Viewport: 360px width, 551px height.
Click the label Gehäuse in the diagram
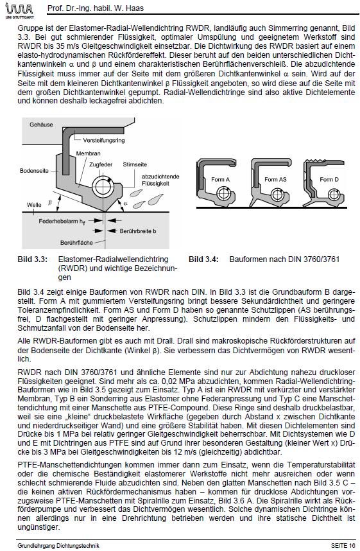[x=41, y=125]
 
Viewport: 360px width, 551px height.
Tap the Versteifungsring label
[x=103, y=141]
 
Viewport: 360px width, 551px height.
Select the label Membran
[x=88, y=153]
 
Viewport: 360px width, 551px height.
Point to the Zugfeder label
[x=101, y=164]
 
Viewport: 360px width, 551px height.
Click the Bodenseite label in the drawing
[x=34, y=171]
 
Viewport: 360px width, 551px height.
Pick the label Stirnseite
[x=135, y=164]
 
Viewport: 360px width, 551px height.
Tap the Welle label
[x=34, y=204]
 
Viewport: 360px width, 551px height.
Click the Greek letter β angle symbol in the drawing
[x=50, y=203]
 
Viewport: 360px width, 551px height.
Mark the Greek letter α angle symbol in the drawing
[x=125, y=203]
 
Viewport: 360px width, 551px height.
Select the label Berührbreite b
[x=137, y=231]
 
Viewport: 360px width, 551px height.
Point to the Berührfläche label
[x=76, y=243]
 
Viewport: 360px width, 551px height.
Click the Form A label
[x=220, y=180]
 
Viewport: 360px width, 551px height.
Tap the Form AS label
[x=275, y=180]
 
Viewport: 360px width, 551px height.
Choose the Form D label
[x=329, y=180]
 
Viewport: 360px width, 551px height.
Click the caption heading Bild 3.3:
[x=32, y=259]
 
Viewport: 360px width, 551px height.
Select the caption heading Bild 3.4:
[x=203, y=259]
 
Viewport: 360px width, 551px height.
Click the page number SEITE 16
[x=343, y=546]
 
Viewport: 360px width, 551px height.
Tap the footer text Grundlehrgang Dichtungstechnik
[x=58, y=546]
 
